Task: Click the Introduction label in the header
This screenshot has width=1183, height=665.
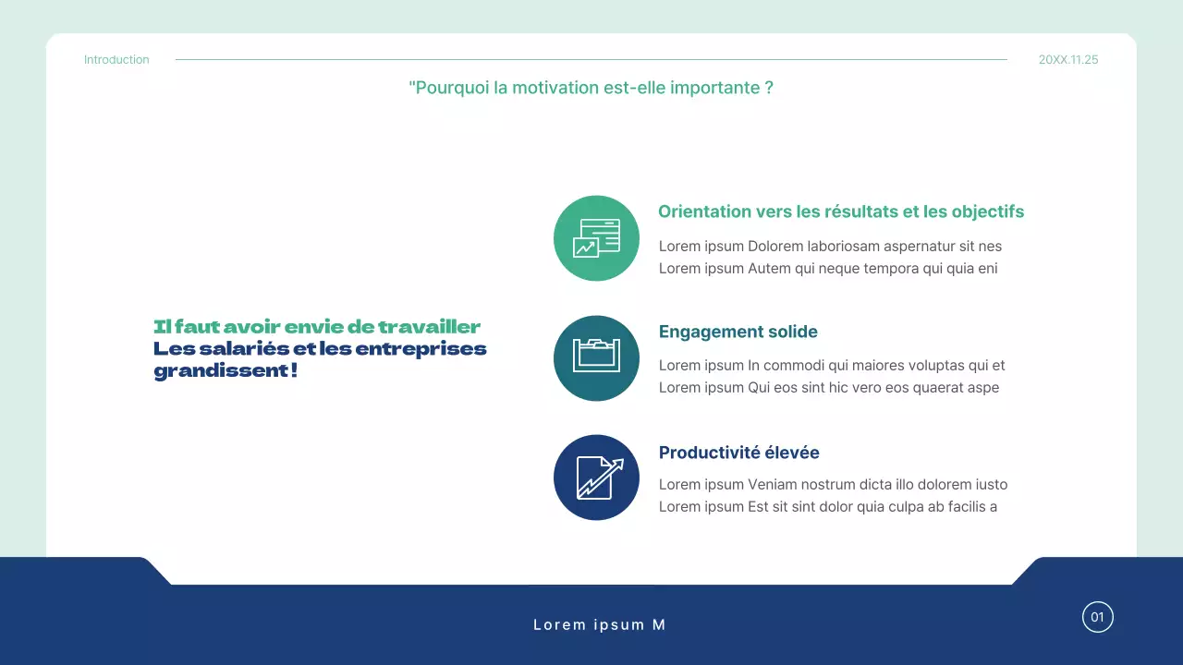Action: point(116,60)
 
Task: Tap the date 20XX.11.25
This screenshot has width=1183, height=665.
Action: point(1068,60)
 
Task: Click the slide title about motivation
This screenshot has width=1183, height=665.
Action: point(591,88)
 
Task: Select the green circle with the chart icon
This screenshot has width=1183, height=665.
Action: point(596,238)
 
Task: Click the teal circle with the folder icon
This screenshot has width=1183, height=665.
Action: point(596,358)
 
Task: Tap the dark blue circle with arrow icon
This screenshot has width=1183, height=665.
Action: point(596,478)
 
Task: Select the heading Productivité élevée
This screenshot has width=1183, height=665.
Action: point(738,453)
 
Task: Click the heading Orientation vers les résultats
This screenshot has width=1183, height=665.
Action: point(840,212)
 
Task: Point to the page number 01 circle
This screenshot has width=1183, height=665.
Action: point(1098,617)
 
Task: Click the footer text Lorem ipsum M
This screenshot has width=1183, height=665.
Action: point(599,625)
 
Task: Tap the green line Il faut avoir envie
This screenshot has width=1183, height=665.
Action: point(317,327)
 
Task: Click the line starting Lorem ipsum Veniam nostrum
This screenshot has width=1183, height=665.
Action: point(833,485)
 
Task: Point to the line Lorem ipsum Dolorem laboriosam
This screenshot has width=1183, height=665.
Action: point(830,247)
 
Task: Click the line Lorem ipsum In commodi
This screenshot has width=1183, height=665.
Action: point(831,366)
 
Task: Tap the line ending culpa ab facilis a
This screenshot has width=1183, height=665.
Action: point(827,506)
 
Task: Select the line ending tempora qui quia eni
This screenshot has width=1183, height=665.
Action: point(827,269)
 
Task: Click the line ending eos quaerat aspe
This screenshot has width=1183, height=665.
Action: point(828,388)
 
